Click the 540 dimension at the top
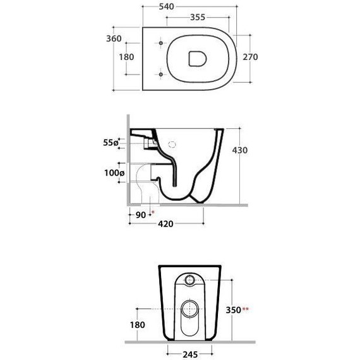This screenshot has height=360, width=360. click(x=167, y=7)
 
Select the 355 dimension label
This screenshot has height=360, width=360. click(x=198, y=17)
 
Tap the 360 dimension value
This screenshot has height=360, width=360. click(x=114, y=39)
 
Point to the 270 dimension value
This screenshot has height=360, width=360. click(x=250, y=57)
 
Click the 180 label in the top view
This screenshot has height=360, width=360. click(x=126, y=57)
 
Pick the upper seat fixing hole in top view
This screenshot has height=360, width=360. click(x=160, y=43)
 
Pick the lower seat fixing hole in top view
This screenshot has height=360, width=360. click(x=160, y=75)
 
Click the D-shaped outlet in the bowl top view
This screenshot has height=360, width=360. click(x=198, y=59)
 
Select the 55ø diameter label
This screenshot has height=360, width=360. click(x=111, y=143)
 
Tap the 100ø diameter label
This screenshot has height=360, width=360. click(x=114, y=172)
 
